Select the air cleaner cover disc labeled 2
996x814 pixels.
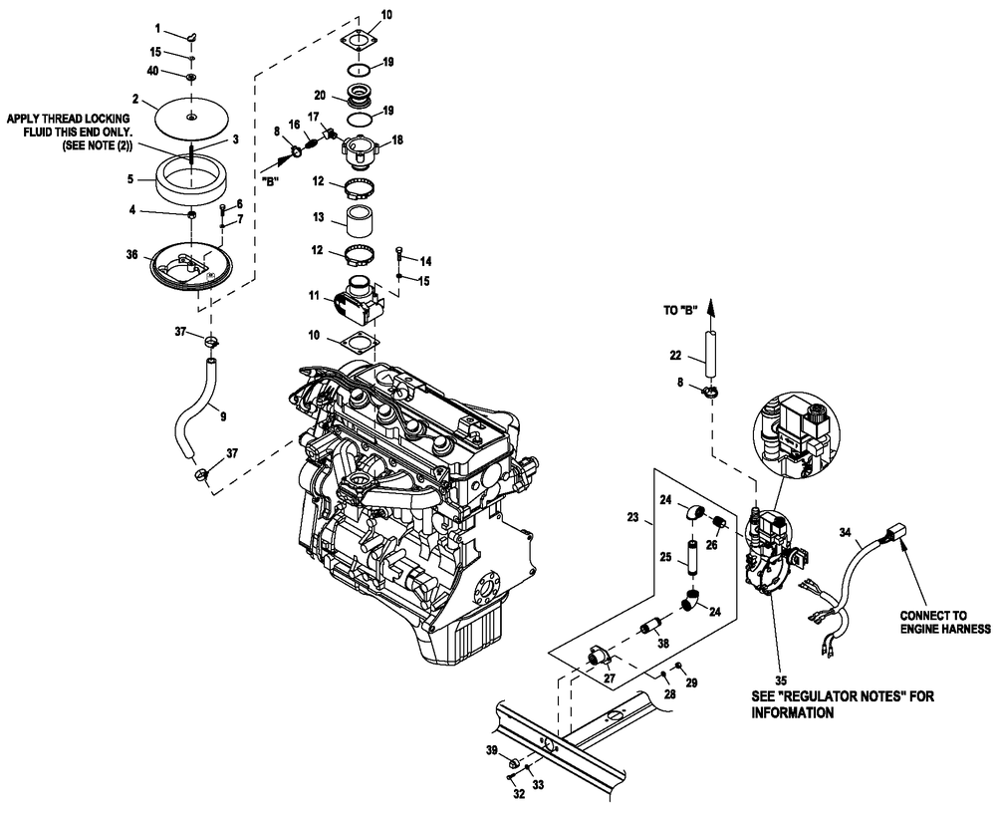point(189,118)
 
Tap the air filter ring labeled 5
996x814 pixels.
point(189,181)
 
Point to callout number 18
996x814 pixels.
point(398,141)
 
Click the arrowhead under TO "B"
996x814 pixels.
point(712,314)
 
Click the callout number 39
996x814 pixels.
point(491,748)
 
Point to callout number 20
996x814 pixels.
point(320,95)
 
